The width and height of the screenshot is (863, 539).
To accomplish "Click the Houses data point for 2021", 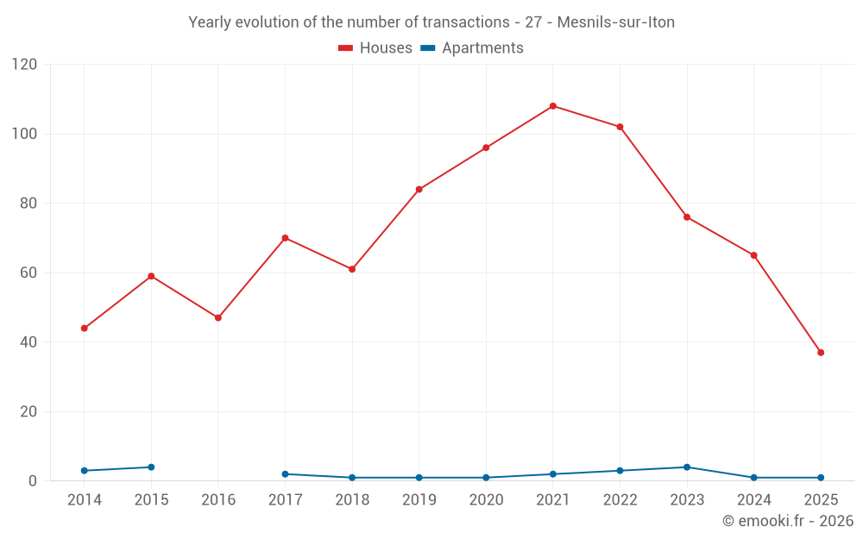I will point(553,106).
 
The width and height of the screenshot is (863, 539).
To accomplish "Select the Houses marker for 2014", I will point(84,329).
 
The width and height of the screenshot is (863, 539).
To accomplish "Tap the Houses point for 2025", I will point(821,353).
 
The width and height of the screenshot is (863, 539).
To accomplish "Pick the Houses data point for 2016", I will point(218,318).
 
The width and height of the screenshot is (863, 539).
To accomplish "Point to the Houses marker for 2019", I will point(419,190).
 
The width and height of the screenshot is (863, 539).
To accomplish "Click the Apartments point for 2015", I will point(151,467).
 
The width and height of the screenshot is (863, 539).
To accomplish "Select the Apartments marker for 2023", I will point(687,467).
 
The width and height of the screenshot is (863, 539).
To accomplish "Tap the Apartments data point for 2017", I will point(285,474).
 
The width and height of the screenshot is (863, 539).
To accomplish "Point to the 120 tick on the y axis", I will point(25,65).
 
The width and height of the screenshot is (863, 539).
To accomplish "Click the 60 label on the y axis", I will point(28,273).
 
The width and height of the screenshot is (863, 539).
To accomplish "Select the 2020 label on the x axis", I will point(486,500).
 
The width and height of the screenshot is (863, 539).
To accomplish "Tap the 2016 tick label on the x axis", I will point(218,500).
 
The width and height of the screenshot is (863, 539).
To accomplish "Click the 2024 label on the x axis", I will point(753,500).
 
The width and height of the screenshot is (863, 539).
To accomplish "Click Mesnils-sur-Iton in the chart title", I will point(615,22).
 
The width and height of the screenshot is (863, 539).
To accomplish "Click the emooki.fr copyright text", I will point(787,521).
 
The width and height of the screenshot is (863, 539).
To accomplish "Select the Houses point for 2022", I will point(620,127).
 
